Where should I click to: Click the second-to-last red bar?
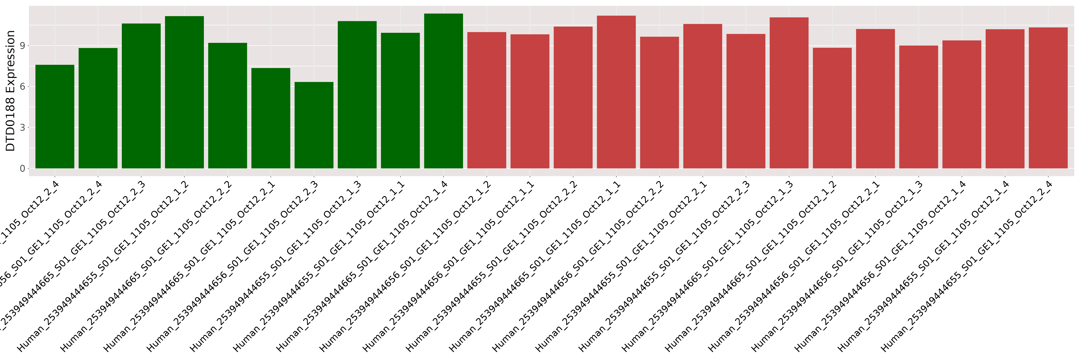point(1005,98)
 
